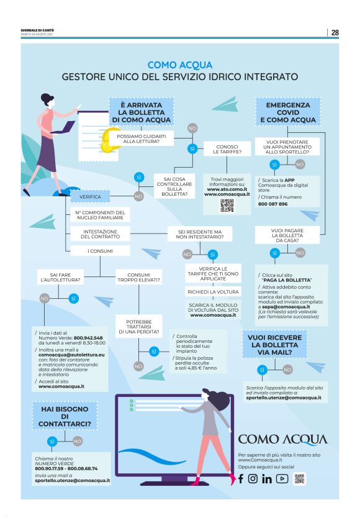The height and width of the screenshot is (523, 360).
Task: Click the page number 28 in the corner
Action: click(335, 32)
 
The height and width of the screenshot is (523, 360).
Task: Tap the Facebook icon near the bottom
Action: click(241, 478)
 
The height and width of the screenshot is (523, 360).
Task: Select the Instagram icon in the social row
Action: click(253, 478)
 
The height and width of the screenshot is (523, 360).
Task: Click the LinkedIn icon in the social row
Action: click(267, 478)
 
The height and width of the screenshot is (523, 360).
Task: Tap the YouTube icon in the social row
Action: click(282, 478)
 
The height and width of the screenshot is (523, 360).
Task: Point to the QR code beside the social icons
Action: click(300, 478)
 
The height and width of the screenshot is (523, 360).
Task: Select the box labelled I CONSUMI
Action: click(99, 250)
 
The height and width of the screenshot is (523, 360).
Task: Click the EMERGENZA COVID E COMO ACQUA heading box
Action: click(287, 112)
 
